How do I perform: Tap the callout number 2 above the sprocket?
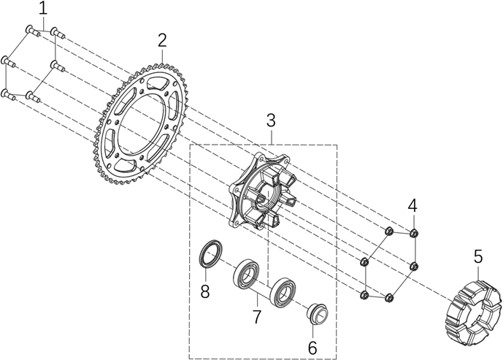(162, 39)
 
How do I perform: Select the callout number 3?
(271, 119)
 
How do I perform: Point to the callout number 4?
(412, 205)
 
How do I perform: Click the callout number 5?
(478, 256)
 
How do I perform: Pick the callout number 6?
(312, 348)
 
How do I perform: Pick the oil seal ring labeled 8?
(210, 256)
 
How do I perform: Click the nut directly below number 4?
(415, 234)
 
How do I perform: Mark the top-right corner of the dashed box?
(337, 145)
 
